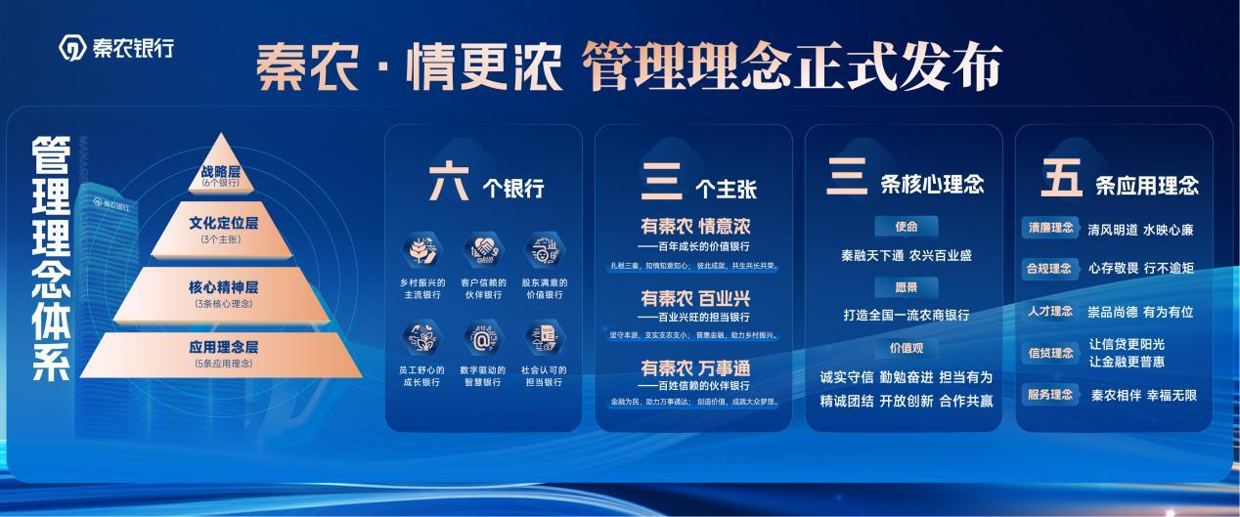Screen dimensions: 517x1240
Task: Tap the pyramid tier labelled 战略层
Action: [221, 174]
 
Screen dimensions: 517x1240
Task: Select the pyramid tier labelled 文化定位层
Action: [221, 227]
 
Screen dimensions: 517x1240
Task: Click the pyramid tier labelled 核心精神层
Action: [221, 291]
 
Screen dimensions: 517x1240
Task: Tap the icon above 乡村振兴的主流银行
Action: [421, 251]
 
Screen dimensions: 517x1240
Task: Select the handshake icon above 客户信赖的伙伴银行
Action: [482, 251]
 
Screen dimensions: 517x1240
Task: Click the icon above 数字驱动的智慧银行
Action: [482, 338]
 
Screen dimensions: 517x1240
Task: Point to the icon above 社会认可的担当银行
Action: [543, 338]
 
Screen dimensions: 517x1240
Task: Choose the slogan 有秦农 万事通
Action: [694, 368]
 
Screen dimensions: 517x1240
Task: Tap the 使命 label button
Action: [906, 227]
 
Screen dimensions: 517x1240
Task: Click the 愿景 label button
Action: [906, 287]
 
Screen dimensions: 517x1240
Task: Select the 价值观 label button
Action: [906, 349]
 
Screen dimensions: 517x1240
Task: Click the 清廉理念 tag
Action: [1049, 230]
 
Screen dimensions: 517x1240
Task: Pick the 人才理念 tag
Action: [1049, 312]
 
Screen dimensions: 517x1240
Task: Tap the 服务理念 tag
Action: [1049, 395]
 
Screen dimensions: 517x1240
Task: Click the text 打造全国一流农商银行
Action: [907, 316]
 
